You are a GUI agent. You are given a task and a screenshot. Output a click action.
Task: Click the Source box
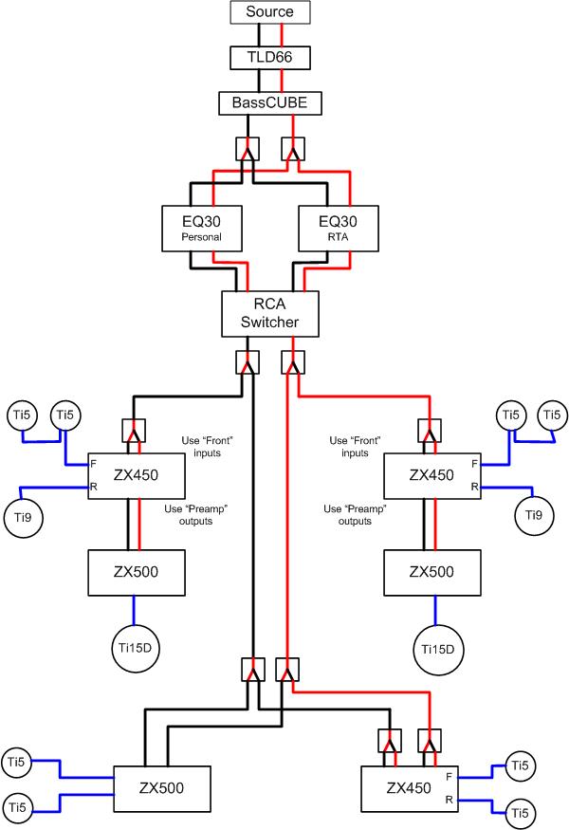pyautogui.click(x=269, y=12)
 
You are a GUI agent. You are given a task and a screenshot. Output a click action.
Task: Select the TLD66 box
pyautogui.click(x=269, y=58)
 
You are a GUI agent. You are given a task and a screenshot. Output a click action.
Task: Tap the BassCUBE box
pyautogui.click(x=269, y=102)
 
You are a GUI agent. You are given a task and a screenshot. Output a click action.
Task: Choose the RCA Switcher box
pyautogui.click(x=269, y=314)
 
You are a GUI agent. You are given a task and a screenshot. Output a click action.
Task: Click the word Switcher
pyautogui.click(x=269, y=323)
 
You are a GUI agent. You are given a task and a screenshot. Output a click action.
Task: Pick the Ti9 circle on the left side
pyautogui.click(x=28, y=519)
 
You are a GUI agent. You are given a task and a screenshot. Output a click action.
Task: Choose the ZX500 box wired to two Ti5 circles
pyautogui.click(x=158, y=787)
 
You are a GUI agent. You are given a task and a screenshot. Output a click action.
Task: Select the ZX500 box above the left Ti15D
pyautogui.click(x=135, y=571)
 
